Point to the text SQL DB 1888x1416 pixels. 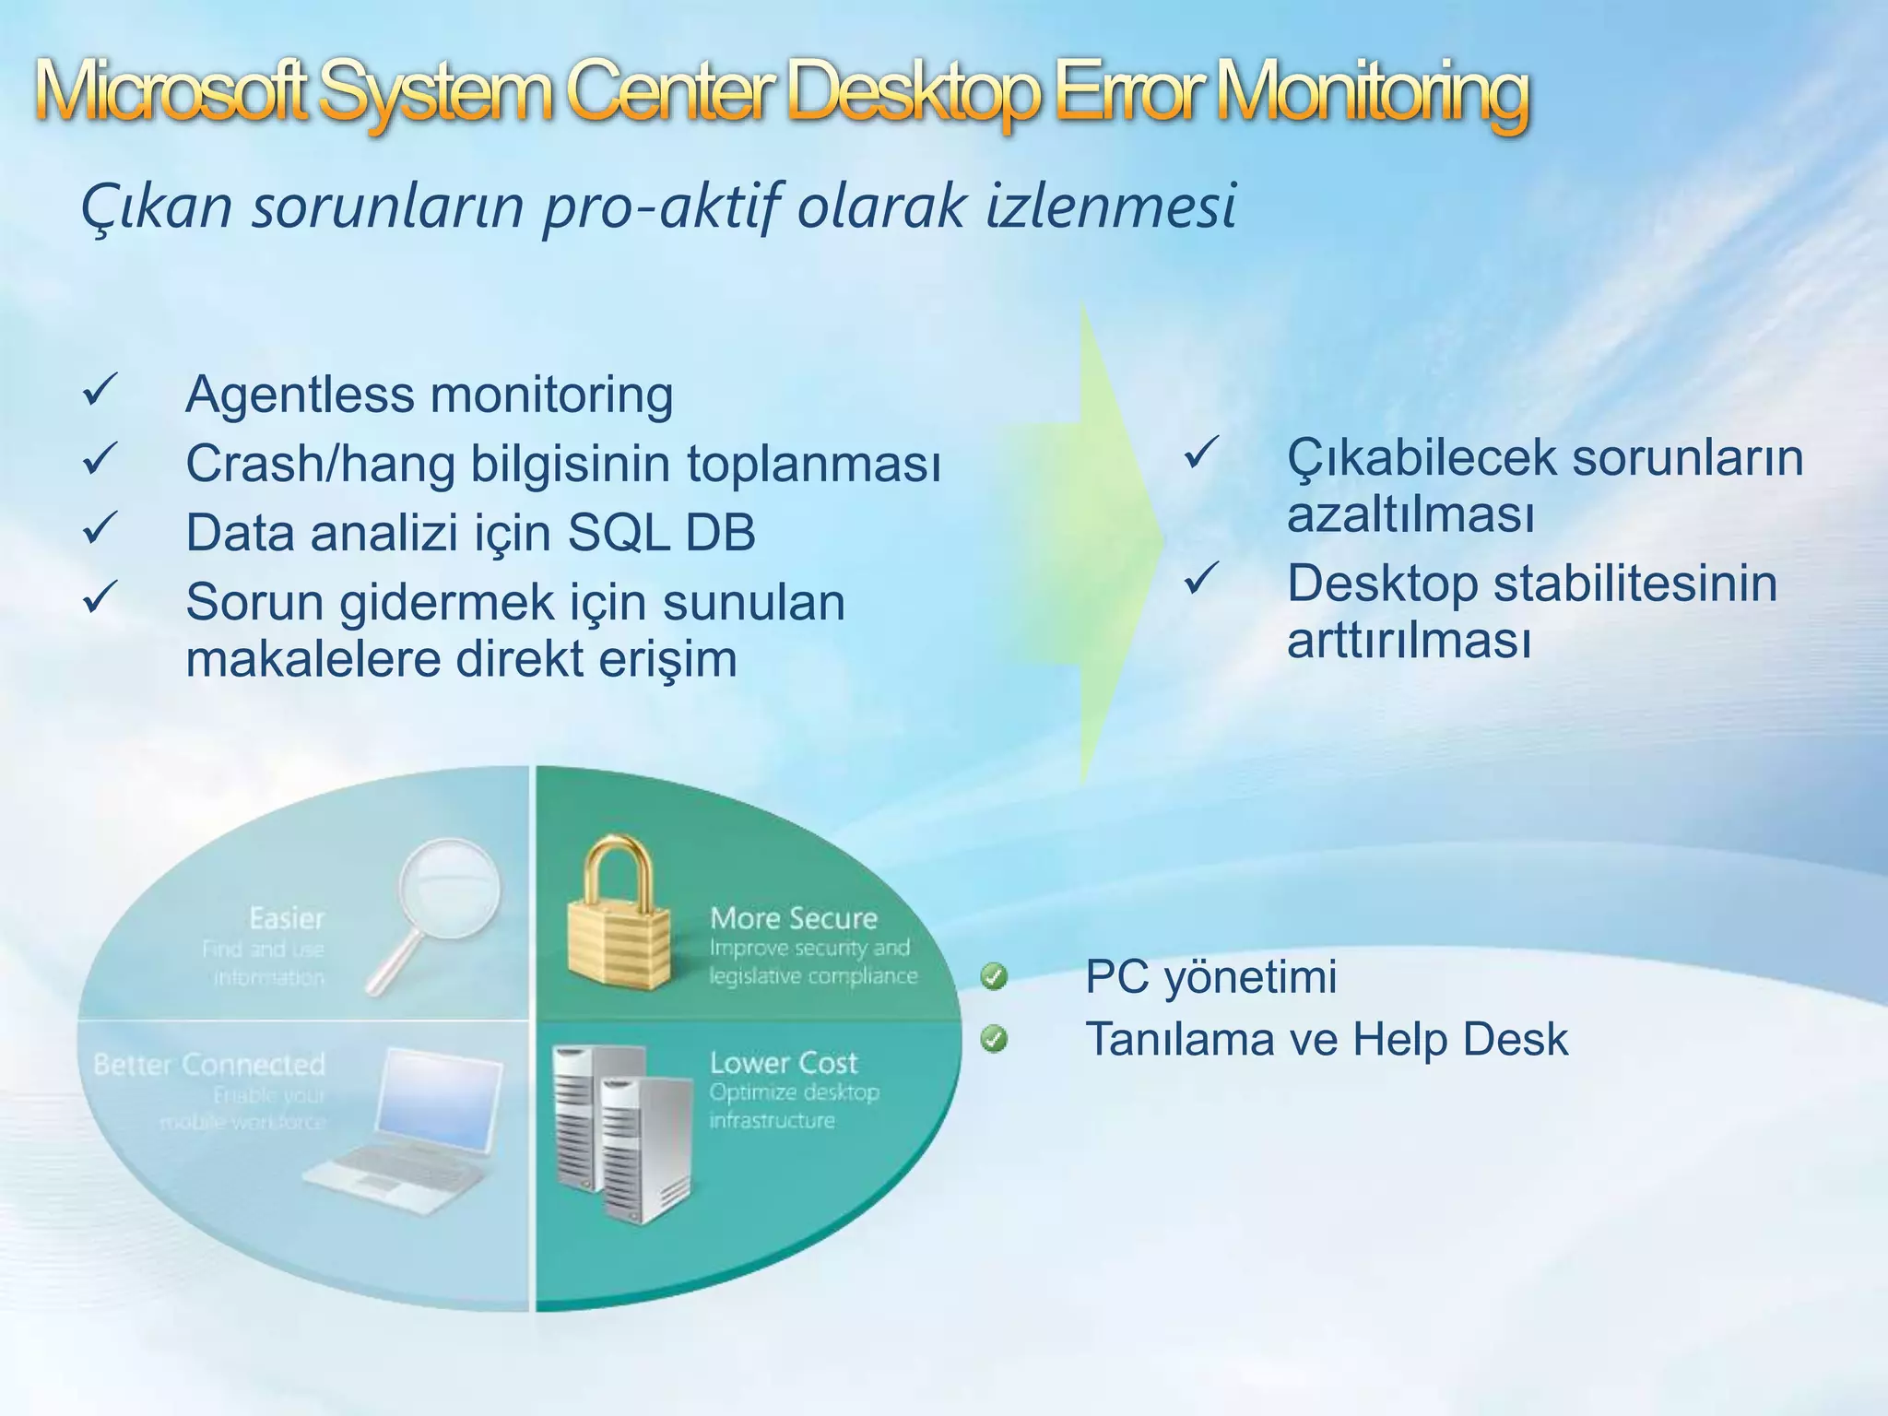pyautogui.click(x=661, y=533)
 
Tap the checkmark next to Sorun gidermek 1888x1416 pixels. pyautogui.click(x=99, y=598)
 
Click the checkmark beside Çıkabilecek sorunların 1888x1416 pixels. pyautogui.click(x=1200, y=454)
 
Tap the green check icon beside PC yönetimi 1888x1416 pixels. pyautogui.click(x=994, y=976)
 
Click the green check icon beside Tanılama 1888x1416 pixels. pyautogui.click(x=994, y=1040)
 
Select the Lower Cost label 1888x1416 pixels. pyautogui.click(x=783, y=1063)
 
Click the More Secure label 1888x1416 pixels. pyautogui.click(x=793, y=918)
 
